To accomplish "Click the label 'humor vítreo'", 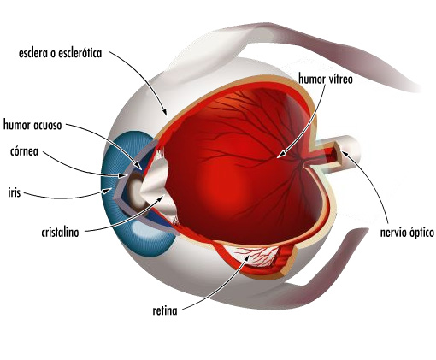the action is [x=326, y=79].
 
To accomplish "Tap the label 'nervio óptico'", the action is [x=407, y=233].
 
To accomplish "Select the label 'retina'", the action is [x=165, y=310].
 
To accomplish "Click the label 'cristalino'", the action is [x=60, y=232].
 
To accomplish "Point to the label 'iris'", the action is [x=15, y=192].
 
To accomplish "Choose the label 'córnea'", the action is [x=24, y=151].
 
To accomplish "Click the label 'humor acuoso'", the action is [x=32, y=125].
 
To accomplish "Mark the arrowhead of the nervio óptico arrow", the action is [x=345, y=153].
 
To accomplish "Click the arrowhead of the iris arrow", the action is [x=108, y=190].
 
